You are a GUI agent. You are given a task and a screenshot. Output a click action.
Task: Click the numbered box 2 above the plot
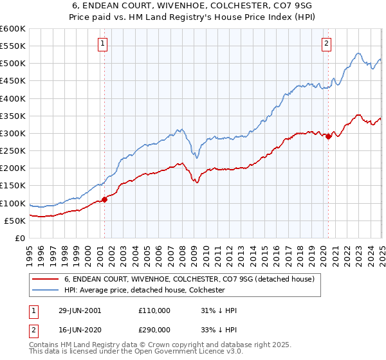[x=327, y=44]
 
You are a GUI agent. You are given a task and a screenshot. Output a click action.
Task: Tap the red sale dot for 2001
[x=105, y=199]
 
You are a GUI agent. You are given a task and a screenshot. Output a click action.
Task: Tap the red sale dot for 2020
[x=328, y=136]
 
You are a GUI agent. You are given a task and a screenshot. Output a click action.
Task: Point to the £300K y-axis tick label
[x=12, y=134]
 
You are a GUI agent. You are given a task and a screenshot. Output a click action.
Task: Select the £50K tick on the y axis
[x=14, y=221]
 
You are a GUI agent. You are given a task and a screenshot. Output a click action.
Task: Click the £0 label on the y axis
[x=20, y=239]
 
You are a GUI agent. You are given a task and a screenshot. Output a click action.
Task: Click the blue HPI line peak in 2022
[x=358, y=53]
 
